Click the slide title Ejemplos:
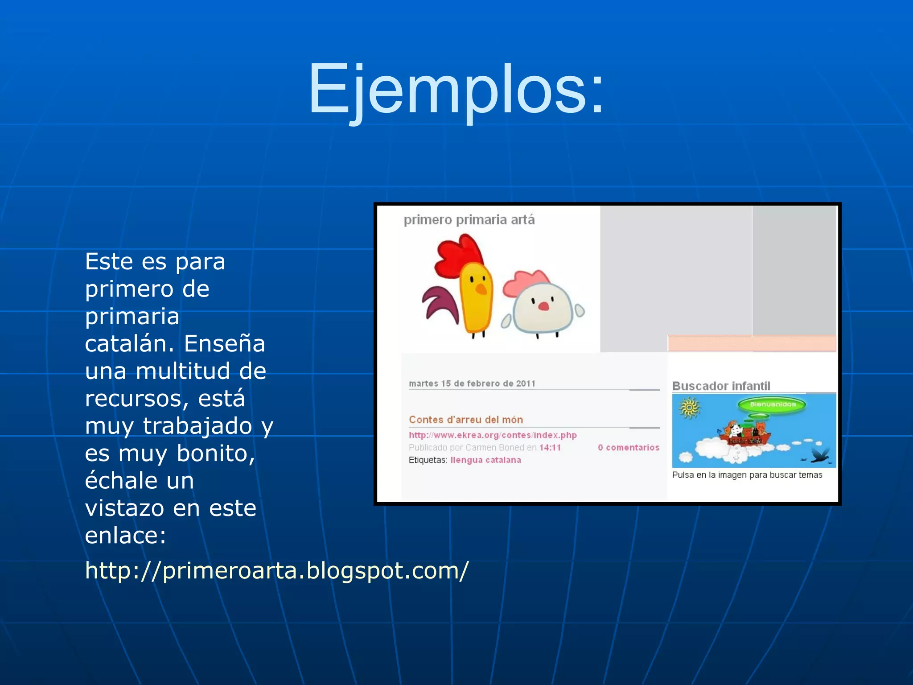pos(456,89)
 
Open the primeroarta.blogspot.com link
pos(276,570)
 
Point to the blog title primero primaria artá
pos(469,220)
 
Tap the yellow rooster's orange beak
pos(481,289)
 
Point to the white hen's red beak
pos(543,306)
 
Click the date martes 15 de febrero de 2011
pos(472,384)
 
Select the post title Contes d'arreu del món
pos(465,420)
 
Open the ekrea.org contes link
pos(492,435)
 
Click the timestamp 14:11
pos(550,448)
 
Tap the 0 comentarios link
pos(628,448)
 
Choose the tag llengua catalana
pos(485,460)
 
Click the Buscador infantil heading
pos(721,386)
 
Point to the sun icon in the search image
pos(689,408)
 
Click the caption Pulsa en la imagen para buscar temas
pos(747,475)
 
